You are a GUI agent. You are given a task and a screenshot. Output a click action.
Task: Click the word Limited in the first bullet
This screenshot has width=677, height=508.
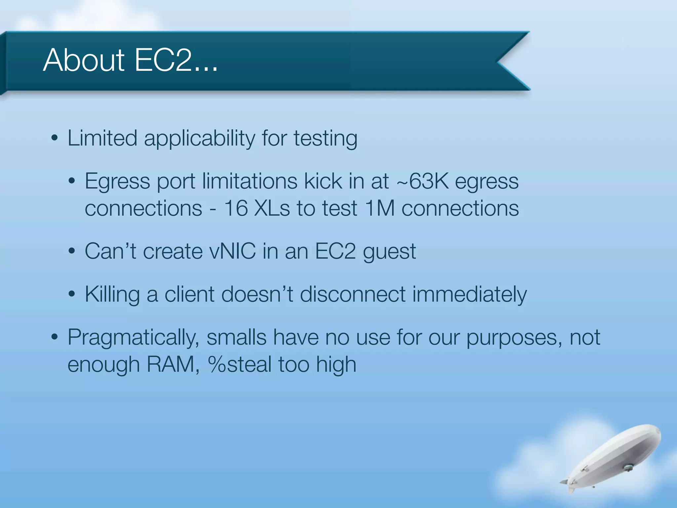102,138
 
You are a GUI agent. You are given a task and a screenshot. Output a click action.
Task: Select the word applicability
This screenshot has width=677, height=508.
199,139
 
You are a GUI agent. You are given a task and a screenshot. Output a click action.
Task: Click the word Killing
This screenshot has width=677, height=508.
112,294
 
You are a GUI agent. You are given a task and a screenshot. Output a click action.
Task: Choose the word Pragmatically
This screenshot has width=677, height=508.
133,338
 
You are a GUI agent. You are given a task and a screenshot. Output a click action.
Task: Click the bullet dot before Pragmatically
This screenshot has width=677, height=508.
55,337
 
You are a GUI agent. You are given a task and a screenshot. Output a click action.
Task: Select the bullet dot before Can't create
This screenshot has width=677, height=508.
72,251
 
